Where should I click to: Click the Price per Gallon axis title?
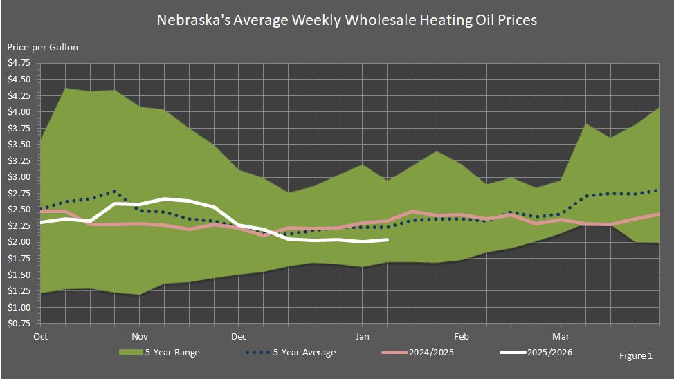43,47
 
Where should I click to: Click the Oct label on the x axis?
40,337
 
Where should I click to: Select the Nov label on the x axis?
140,337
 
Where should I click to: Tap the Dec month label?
239,337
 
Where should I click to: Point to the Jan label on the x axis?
361,337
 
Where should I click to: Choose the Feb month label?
462,337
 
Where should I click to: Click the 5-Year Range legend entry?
172,353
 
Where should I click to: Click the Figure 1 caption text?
636,356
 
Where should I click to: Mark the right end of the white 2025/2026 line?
387,239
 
